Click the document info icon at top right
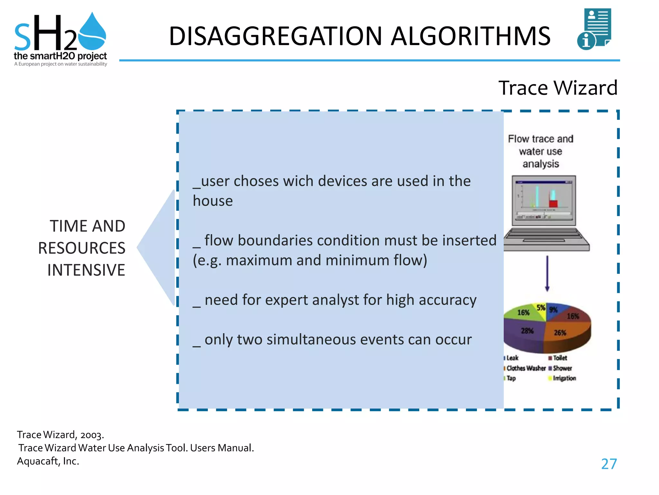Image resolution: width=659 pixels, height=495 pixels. pyautogui.click(x=595, y=29)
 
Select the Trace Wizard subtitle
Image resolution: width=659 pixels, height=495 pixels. pyautogui.click(x=558, y=88)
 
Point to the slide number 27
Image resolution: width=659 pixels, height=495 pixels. pyautogui.click(x=609, y=464)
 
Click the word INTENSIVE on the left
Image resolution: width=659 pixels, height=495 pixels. pyautogui.click(x=86, y=270)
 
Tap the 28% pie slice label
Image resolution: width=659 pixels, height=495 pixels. pyautogui.click(x=527, y=331)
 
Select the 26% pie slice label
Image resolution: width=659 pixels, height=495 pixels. pyautogui.click(x=560, y=333)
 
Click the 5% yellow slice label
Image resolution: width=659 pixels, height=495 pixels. pyautogui.click(x=541, y=307)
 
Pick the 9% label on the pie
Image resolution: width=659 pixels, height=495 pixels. pyautogui.click(x=553, y=310)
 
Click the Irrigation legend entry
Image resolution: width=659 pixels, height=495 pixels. pyautogui.click(x=564, y=378)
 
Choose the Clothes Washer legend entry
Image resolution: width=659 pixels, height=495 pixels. pyautogui.click(x=526, y=368)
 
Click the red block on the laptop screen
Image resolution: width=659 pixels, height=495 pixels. pyautogui.click(x=553, y=204)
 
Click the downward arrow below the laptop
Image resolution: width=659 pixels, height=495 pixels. pyautogui.click(x=547, y=274)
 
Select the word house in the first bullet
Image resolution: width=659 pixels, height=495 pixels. pyautogui.click(x=213, y=201)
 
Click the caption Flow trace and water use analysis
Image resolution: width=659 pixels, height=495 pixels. pyautogui.click(x=541, y=151)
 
